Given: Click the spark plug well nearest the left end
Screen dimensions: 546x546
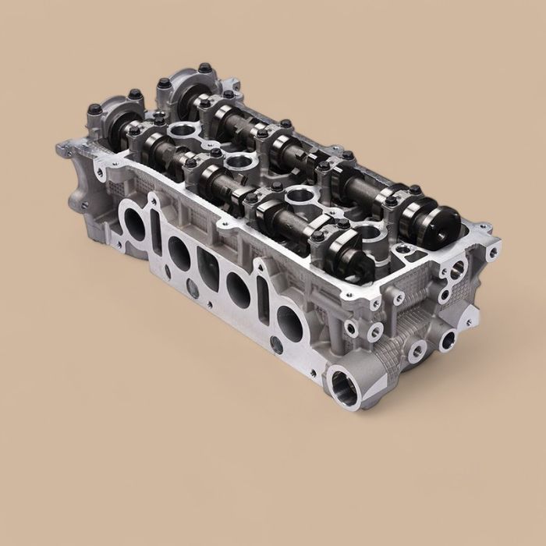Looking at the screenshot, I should (x=180, y=129).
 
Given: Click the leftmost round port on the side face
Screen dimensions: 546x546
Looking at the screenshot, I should (x=132, y=225).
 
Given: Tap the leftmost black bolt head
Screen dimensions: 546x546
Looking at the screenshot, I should (x=95, y=108).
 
